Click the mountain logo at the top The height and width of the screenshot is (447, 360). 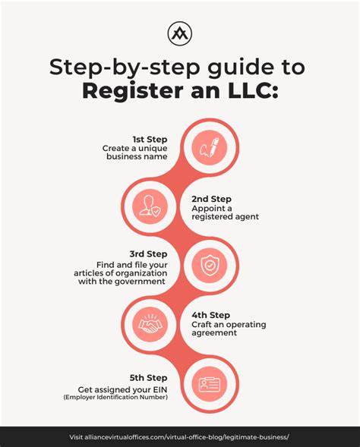click(180, 33)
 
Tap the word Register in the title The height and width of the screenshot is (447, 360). click(132, 91)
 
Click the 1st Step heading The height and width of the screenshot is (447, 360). click(150, 140)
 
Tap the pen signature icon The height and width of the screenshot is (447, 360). click(210, 147)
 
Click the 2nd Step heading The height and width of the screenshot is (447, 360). click(211, 199)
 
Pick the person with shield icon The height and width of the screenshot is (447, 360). click(150, 206)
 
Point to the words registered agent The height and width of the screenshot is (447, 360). click(225, 217)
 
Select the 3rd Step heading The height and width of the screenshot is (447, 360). click(148, 254)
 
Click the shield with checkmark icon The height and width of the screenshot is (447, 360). click(210, 265)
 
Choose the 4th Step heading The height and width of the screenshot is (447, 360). click(211, 315)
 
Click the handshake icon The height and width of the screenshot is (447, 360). click(150, 324)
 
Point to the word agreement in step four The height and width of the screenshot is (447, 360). click(214, 333)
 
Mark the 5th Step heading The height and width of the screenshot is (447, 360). click(148, 378)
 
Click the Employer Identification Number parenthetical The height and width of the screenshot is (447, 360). click(115, 397)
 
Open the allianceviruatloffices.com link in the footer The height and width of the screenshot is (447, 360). click(179, 437)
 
